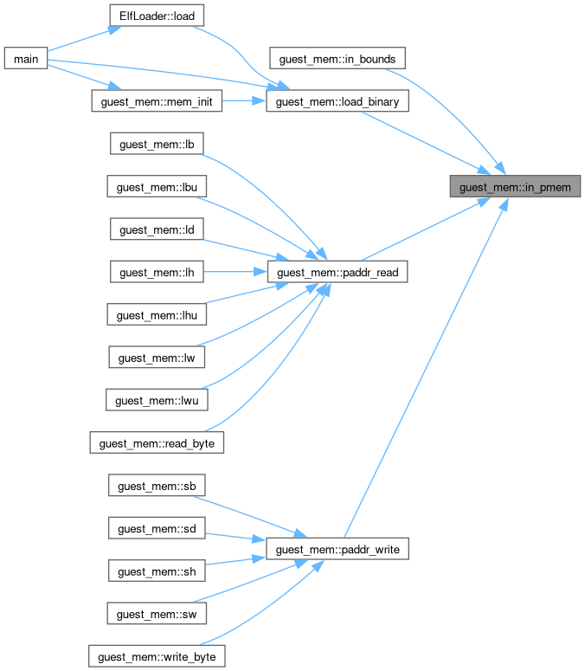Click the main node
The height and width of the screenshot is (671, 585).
[x=24, y=59]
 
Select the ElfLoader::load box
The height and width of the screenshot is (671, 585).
[x=157, y=16]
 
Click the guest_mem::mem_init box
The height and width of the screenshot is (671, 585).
[x=157, y=101]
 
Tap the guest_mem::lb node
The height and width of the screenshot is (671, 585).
[x=157, y=144]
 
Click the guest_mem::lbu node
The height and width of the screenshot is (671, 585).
[x=157, y=186]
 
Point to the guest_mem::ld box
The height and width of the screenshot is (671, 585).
[x=157, y=229]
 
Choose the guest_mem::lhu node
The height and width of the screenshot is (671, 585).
[x=157, y=315]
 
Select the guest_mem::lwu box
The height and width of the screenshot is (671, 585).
[x=157, y=401]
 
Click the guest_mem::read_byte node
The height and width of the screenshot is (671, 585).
[x=157, y=443]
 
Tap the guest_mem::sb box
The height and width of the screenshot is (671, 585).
[x=157, y=486]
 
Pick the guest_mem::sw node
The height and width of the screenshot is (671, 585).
[x=157, y=614]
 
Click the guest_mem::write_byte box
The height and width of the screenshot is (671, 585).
[x=157, y=656]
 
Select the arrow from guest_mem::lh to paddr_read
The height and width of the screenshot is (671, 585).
[x=234, y=272]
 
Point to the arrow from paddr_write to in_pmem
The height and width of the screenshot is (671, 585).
[x=424, y=364]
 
